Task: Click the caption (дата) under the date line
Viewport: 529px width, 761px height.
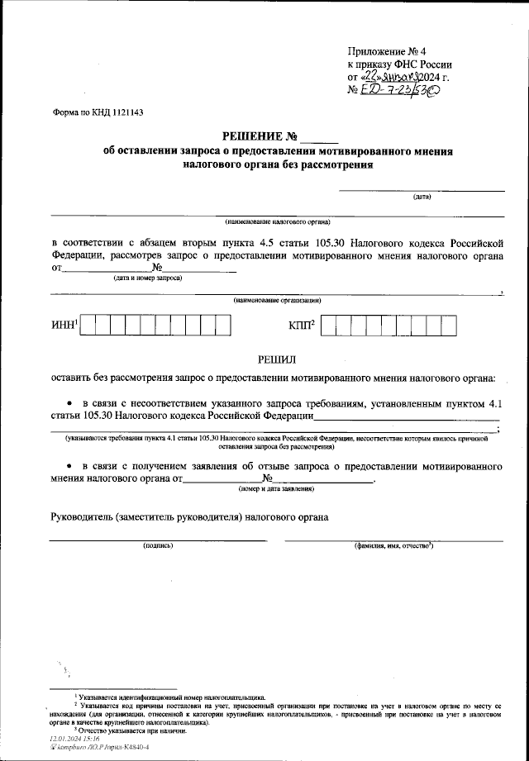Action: coord(422,197)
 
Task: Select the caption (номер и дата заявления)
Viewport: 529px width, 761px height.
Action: coord(276,489)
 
